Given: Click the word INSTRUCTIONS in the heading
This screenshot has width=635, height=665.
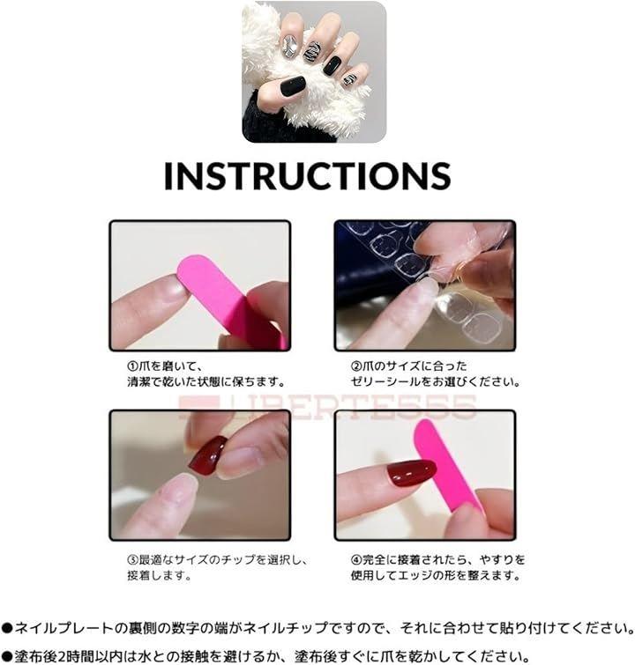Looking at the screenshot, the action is coord(307,175).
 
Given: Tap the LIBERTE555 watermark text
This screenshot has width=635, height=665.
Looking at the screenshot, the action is coord(327,407).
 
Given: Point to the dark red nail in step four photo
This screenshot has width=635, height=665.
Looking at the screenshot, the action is coord(411,473).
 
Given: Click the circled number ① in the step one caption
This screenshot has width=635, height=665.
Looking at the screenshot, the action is coord(133,366).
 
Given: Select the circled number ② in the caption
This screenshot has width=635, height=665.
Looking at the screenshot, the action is coord(356,366).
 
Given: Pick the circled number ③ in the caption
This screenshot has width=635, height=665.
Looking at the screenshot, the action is coord(133,560).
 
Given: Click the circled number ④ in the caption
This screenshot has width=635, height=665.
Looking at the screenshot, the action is coord(356,560).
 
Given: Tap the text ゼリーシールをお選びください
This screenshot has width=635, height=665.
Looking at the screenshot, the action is coord(436,381).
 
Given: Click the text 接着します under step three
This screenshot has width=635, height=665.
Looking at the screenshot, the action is coord(160,575).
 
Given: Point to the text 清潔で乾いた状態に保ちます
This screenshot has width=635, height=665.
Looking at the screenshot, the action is coord(206,381).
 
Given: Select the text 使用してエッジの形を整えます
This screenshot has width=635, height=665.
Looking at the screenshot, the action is coord(436,575).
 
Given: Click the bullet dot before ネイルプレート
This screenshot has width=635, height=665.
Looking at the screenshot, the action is coord(7,628).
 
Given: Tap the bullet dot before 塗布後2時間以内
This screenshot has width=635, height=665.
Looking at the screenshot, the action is coord(7,656).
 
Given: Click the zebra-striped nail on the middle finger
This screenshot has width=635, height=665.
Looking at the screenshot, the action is coord(311,52).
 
